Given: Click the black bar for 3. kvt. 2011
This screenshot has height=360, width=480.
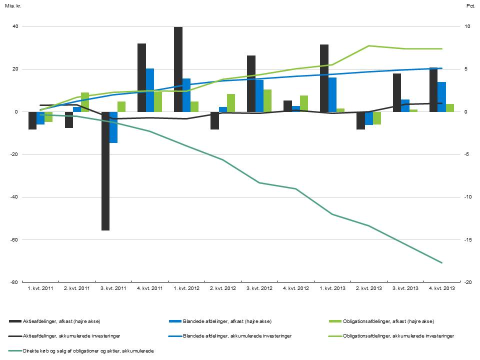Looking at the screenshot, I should [105, 171].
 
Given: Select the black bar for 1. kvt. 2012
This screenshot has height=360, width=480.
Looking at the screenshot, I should [178, 69].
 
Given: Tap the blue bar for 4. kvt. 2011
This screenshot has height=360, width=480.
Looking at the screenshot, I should [150, 90].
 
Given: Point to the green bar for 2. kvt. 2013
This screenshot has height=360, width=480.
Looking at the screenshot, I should [377, 118].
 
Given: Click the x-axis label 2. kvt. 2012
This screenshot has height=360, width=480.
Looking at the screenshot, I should [223, 289].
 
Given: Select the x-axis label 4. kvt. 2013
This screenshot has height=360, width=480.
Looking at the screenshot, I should [442, 289].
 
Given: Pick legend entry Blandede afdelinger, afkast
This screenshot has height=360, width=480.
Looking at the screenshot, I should [227, 321].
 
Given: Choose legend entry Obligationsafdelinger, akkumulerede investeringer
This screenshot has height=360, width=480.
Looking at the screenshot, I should [398, 335].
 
